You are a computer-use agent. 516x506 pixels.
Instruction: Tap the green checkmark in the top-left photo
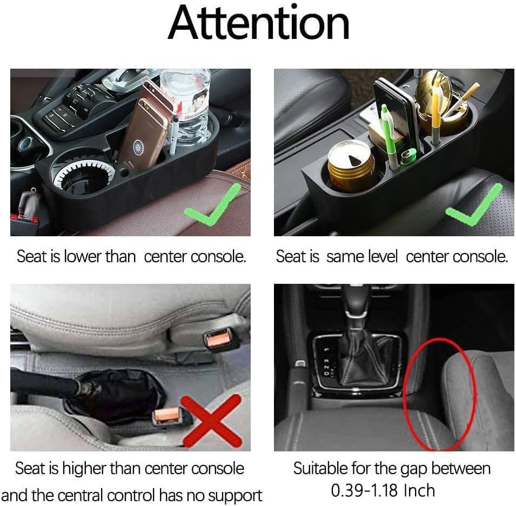tap(209, 207)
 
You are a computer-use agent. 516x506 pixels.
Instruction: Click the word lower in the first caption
tap(83, 256)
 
